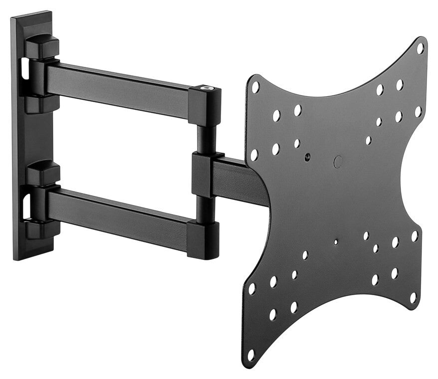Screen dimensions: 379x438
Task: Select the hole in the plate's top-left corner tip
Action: pos(255,87)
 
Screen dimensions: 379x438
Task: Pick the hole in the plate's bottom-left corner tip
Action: pos(251,355)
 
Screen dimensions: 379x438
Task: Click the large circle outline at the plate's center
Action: pos(338,161)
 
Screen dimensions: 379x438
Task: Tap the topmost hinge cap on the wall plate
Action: pos(42,46)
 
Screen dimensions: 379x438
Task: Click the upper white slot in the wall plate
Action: pos(23,70)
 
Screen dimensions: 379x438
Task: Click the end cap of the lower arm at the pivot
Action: pos(204,239)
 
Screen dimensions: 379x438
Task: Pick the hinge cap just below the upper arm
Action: pos(42,104)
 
